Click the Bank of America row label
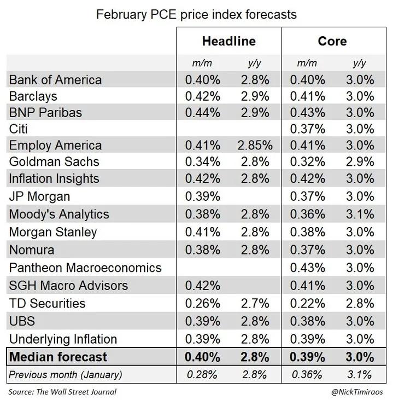tap(55, 80)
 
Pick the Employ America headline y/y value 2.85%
tap(254, 146)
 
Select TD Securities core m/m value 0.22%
tap(307, 303)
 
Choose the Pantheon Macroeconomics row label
tap(85, 268)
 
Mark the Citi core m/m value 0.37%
tap(307, 130)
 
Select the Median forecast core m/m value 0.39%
tap(307, 357)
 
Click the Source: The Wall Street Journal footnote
tap(63, 392)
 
